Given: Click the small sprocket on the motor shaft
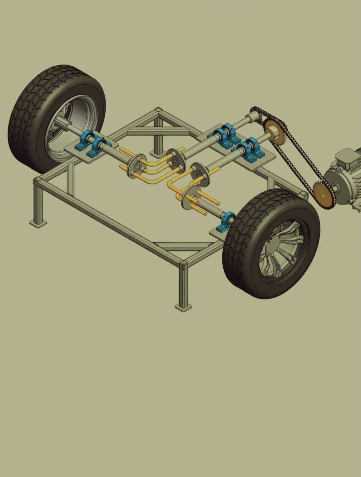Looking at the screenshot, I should pyautogui.click(x=324, y=194).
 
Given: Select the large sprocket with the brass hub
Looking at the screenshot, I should pyautogui.click(x=275, y=131).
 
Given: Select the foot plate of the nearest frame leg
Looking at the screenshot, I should pyautogui.click(x=184, y=307).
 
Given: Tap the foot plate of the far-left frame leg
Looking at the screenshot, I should pyautogui.click(x=38, y=223).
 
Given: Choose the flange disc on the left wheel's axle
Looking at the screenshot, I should pyautogui.click(x=137, y=167).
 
